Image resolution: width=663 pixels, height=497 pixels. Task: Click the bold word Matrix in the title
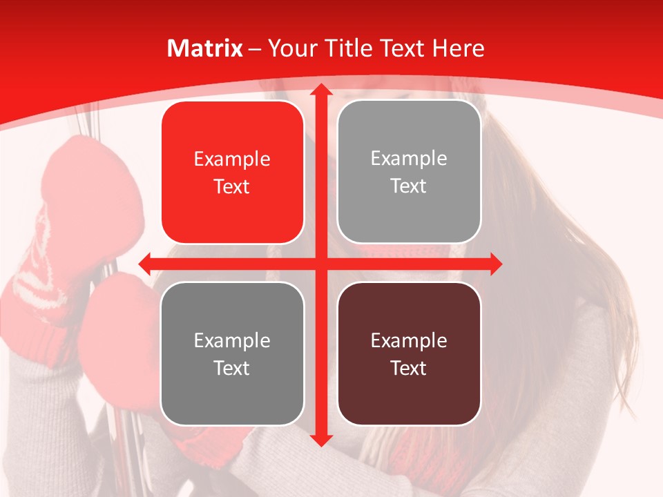pos(204,48)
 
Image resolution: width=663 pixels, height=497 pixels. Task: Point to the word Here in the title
pos(458,48)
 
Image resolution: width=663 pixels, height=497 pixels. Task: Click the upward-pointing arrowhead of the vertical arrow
pos(320,90)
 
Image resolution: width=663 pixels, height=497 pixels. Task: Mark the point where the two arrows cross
pos(320,264)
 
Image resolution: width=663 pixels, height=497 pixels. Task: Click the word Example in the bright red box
pos(232,159)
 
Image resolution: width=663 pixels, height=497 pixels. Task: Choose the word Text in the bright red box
pos(232,186)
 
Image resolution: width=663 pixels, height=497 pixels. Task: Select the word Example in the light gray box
pos(409,159)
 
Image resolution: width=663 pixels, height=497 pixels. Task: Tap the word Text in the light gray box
pos(409,186)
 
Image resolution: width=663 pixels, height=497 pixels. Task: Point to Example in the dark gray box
pos(232,340)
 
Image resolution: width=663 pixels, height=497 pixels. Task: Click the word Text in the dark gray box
pos(232,368)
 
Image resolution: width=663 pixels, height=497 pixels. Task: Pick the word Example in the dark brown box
pos(409,340)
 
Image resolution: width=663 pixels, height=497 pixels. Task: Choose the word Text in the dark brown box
pos(409,368)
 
